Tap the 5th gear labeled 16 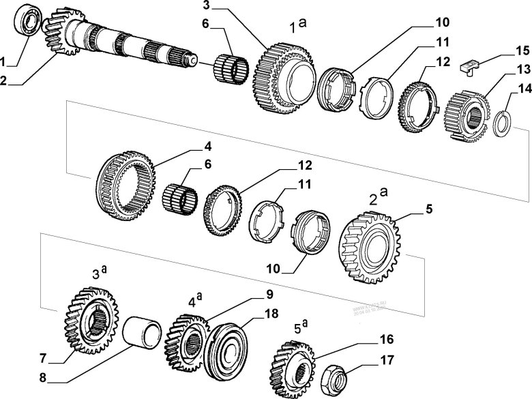[x=291, y=362]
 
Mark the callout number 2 [x=5, y=80]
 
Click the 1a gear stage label [x=297, y=26]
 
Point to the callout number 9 [x=269, y=295]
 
